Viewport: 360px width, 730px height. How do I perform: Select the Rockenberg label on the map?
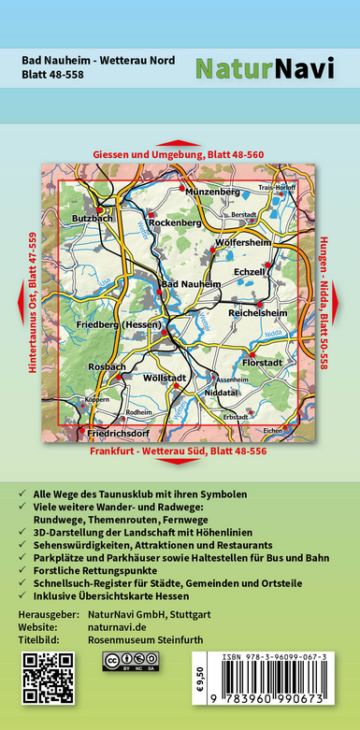(175, 223)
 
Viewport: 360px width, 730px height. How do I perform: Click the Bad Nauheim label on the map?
(191, 283)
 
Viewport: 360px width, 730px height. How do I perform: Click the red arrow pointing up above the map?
(180, 139)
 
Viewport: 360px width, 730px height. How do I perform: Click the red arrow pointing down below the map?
(180, 465)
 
